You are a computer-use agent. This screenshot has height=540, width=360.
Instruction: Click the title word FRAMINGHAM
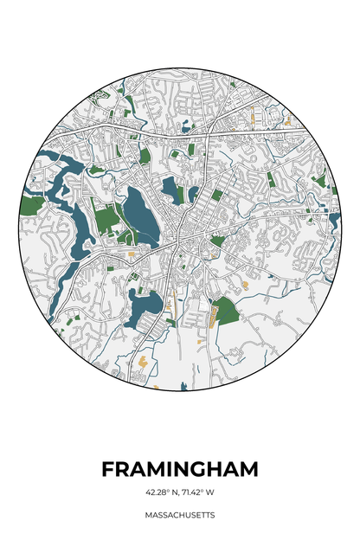[180, 469]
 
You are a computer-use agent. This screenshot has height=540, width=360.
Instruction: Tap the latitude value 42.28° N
[163, 492]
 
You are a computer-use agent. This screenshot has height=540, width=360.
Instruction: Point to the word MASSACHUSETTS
[180, 515]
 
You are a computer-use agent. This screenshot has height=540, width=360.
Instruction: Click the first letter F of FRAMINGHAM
[108, 469]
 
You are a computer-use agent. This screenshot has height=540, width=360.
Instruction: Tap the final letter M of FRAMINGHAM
[247, 469]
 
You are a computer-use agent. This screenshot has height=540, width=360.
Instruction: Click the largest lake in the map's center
[140, 215]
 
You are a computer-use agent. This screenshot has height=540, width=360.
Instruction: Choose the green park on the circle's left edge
[31, 205]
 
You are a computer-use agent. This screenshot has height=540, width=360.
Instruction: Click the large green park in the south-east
[225, 311]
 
